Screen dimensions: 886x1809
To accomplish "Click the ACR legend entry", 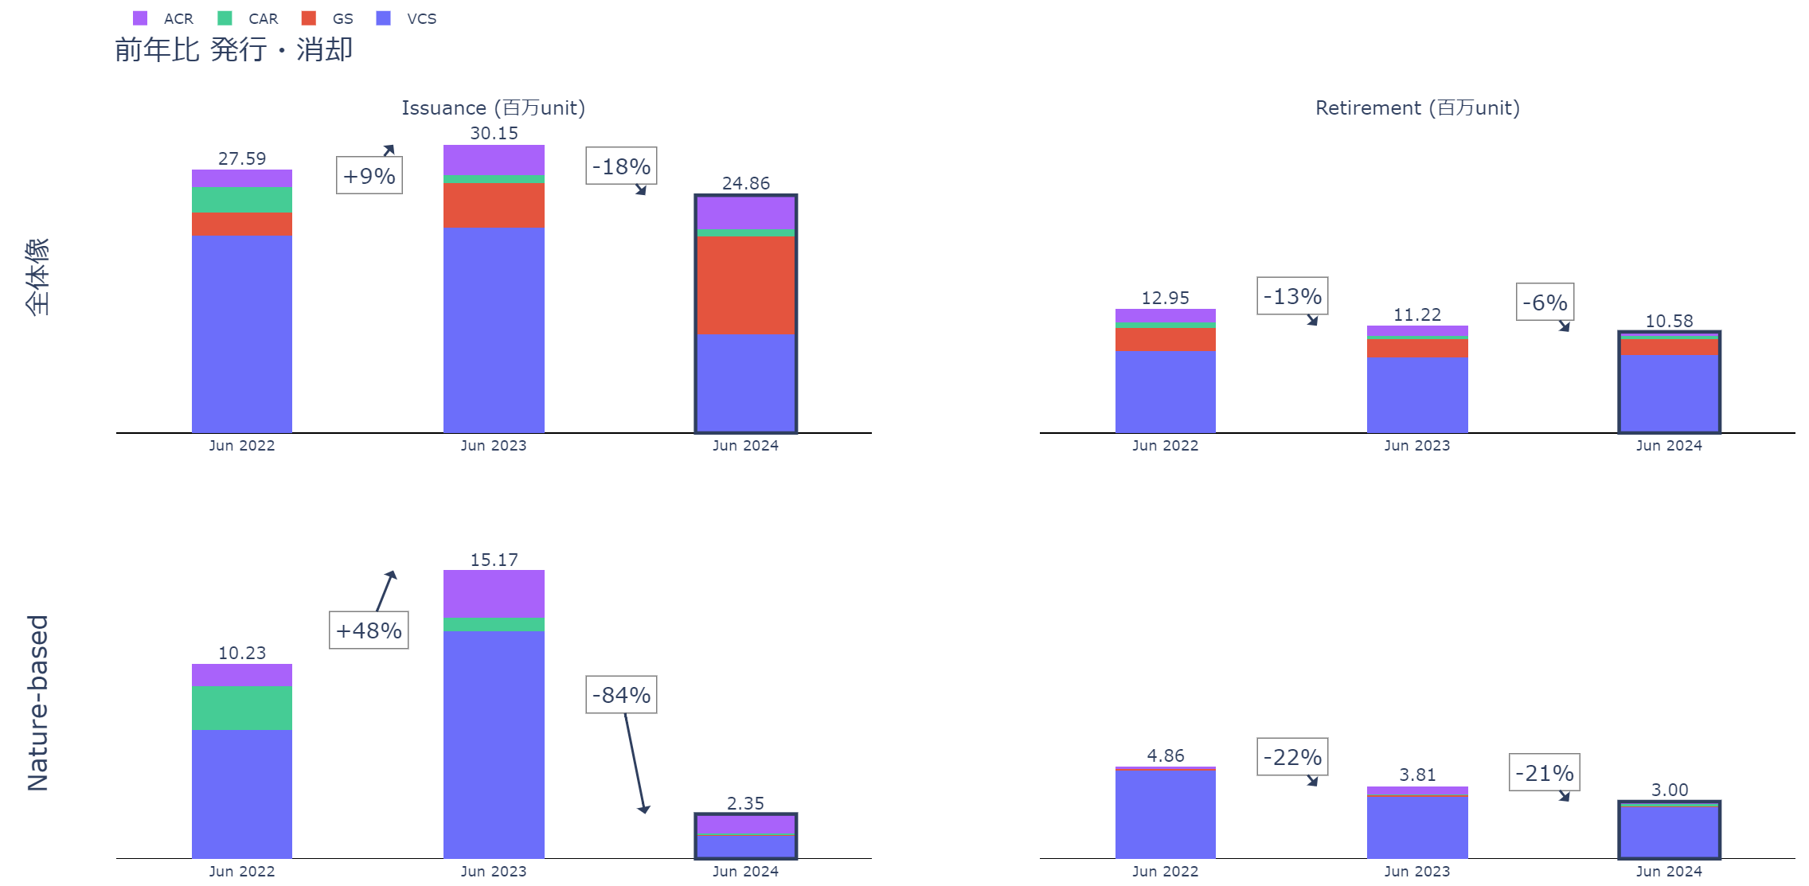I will pyautogui.click(x=164, y=18).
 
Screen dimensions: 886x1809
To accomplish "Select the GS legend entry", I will pyautogui.click(x=328, y=18).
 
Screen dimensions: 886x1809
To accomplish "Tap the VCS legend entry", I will pyautogui.click(x=407, y=18).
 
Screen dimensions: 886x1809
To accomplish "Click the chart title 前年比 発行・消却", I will pyautogui.click(x=233, y=49).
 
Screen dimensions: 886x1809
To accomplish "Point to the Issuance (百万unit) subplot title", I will pyautogui.click(x=493, y=107).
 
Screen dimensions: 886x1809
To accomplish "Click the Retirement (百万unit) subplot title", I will pyautogui.click(x=1417, y=107).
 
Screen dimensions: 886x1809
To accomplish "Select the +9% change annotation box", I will pyautogui.click(x=369, y=176).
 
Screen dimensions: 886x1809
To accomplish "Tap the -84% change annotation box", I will pyautogui.click(x=621, y=695).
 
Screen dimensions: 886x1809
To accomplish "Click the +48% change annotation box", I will pyautogui.click(x=369, y=630).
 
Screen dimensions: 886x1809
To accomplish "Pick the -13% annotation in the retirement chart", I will pyautogui.click(x=1292, y=296).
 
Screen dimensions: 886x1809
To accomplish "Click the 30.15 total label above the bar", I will pyautogui.click(x=494, y=133).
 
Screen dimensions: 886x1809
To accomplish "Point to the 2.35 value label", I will pyautogui.click(x=745, y=803).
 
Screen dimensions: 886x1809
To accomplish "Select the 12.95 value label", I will pyautogui.click(x=1165, y=298).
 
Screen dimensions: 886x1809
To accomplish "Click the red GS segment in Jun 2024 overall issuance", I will pyautogui.click(x=745, y=285).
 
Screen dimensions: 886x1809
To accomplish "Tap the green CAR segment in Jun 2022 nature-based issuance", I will pyautogui.click(x=242, y=708).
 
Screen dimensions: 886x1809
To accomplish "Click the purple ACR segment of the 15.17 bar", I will pyautogui.click(x=494, y=594).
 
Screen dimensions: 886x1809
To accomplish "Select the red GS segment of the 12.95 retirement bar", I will pyautogui.click(x=1165, y=339).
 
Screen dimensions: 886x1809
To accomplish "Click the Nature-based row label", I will pyautogui.click(x=38, y=703).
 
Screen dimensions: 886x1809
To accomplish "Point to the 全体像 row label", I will pyautogui.click(x=38, y=276).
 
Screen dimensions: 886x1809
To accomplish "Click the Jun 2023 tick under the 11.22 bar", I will pyautogui.click(x=1416, y=446).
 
